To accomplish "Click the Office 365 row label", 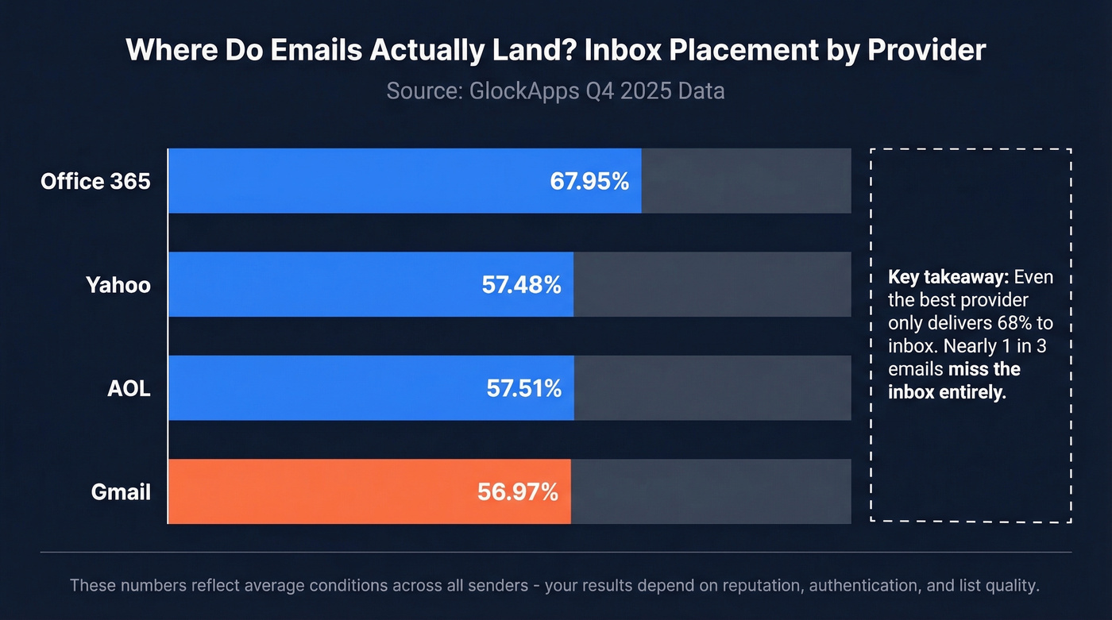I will [x=95, y=181].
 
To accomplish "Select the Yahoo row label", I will [x=118, y=284].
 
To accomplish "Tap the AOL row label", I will [x=128, y=388].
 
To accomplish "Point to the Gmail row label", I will [x=121, y=491].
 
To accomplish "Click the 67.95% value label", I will [x=589, y=181].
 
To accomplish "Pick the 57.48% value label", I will [x=522, y=284].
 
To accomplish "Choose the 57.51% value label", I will [x=524, y=388].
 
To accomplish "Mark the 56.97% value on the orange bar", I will [x=518, y=491].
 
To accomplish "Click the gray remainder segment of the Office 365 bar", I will [x=746, y=181].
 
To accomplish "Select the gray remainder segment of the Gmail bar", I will [x=711, y=491].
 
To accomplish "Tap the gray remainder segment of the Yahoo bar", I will [x=712, y=284].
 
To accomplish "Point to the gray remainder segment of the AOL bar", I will [x=712, y=388].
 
